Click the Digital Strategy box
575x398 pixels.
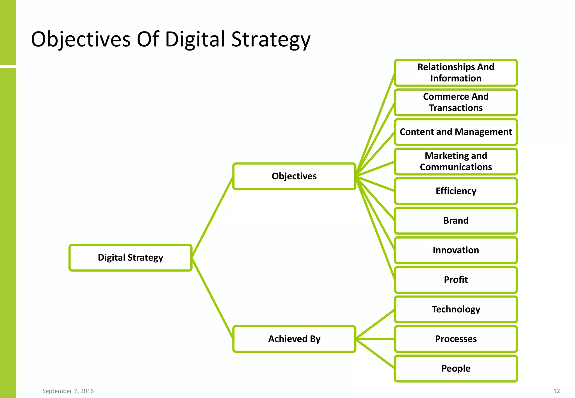(x=131, y=258)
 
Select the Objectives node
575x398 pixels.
(x=294, y=176)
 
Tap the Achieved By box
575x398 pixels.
(x=294, y=339)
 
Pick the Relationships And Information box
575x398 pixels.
(x=456, y=73)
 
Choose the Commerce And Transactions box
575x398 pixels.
(x=456, y=102)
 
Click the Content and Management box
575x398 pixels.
(x=456, y=132)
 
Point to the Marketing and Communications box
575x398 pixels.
(x=456, y=162)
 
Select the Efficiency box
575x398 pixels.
(x=456, y=191)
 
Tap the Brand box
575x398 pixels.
(x=456, y=221)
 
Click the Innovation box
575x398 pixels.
(x=456, y=250)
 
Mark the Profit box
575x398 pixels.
(x=456, y=280)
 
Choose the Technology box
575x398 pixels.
(x=456, y=309)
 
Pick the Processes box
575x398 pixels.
(x=456, y=339)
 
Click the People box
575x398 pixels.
(x=456, y=369)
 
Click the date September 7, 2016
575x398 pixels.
(x=68, y=391)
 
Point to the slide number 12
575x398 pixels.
(x=556, y=391)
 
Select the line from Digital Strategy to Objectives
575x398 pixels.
(x=213, y=217)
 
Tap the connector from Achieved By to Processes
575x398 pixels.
(x=375, y=339)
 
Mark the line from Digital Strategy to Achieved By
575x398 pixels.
(x=213, y=298)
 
